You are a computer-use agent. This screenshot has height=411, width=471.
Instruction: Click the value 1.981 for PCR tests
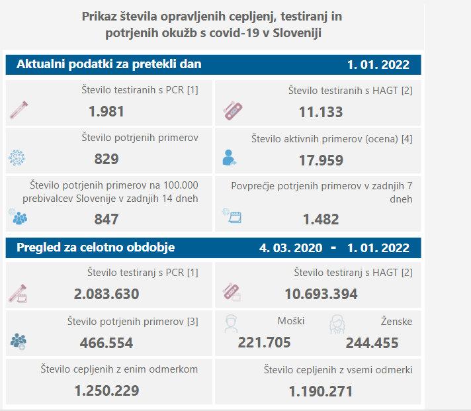(106, 112)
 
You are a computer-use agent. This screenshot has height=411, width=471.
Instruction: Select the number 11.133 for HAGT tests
(320, 112)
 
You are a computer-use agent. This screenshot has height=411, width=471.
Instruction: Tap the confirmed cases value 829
(106, 159)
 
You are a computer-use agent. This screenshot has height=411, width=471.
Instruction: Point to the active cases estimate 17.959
(320, 160)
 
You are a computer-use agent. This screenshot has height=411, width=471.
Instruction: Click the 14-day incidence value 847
(106, 219)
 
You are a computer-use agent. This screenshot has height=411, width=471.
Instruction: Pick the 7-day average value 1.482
(320, 219)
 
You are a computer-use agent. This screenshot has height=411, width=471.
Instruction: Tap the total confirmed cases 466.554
(106, 343)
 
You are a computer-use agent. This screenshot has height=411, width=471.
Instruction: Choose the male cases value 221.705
(264, 343)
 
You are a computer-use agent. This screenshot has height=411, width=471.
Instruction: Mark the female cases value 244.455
(372, 343)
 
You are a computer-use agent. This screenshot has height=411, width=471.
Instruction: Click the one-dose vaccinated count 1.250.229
(106, 390)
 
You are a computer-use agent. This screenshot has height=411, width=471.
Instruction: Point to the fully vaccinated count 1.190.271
(320, 390)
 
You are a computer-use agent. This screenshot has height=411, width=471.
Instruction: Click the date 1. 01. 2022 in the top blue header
(378, 65)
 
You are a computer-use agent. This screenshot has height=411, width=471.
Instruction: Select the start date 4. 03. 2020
(291, 248)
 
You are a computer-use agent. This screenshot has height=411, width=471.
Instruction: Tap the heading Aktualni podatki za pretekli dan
(108, 64)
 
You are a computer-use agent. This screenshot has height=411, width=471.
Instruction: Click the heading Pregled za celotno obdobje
(95, 248)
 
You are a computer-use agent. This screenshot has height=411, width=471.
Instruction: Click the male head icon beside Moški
(230, 324)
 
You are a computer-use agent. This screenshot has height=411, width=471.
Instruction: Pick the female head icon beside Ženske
(338, 324)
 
